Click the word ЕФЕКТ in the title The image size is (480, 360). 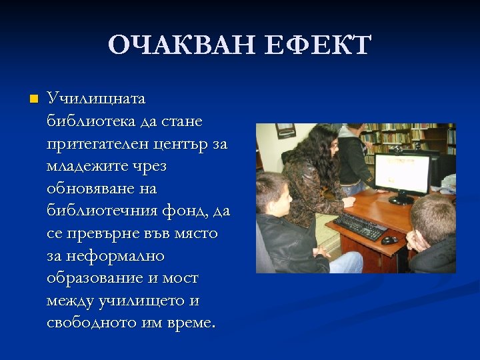coord(318,45)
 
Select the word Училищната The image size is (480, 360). coord(96,99)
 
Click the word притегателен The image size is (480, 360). coord(91,144)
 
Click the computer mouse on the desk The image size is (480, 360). coord(389,240)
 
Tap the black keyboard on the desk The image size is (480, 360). coord(360,226)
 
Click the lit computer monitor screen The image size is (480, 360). coord(401,172)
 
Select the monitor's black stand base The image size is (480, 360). coord(401,199)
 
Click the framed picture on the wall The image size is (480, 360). coord(285,131)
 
